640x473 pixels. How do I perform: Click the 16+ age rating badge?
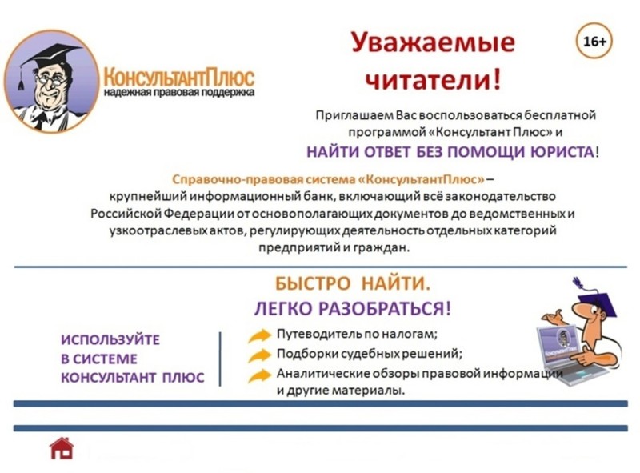pyautogui.click(x=594, y=42)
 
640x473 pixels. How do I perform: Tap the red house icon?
pyautogui.click(x=62, y=448)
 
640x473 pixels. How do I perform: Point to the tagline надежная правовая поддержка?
pyautogui.click(x=178, y=92)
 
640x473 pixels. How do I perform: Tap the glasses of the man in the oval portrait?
pyautogui.click(x=50, y=80)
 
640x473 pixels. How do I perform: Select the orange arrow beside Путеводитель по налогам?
pyautogui.click(x=259, y=336)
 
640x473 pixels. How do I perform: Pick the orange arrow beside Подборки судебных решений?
pyautogui.click(x=259, y=355)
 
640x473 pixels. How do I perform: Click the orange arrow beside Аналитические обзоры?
pyautogui.click(x=259, y=375)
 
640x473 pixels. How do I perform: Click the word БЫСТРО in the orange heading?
pyautogui.click(x=312, y=283)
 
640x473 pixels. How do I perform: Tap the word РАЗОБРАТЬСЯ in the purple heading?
pyautogui.click(x=385, y=308)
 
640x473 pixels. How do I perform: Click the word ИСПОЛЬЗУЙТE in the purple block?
pyautogui.click(x=110, y=340)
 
